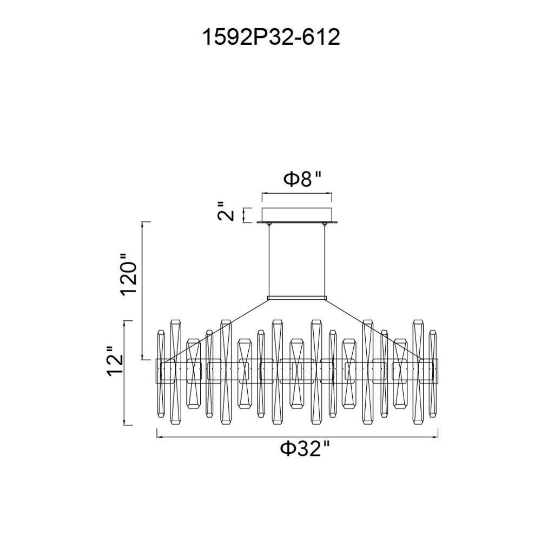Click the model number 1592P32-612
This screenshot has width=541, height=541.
click(x=271, y=37)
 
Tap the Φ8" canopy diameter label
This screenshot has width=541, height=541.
click(x=302, y=180)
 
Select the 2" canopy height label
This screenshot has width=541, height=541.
click(x=226, y=210)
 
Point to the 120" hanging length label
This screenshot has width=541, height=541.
click(x=129, y=273)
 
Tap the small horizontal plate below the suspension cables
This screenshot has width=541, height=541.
click(x=296, y=298)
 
